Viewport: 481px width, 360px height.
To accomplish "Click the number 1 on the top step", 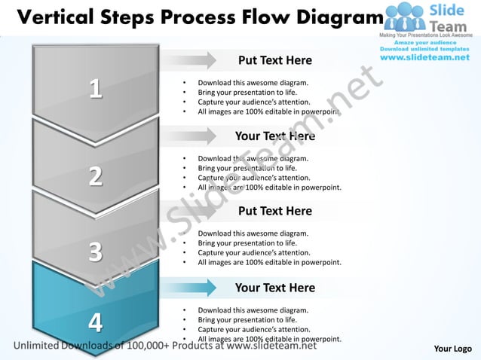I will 95,89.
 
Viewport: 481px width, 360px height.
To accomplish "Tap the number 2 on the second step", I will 95,176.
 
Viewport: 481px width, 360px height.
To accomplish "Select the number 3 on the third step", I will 95,251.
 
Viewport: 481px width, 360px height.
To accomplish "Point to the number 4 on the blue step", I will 95,322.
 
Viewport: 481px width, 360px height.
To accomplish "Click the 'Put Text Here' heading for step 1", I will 274,60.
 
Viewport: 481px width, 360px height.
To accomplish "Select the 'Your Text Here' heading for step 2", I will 274,136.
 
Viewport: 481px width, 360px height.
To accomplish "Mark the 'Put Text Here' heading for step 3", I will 274,211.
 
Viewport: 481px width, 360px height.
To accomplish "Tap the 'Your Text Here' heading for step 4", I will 274,288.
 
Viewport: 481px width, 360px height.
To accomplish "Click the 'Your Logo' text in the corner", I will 453,349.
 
